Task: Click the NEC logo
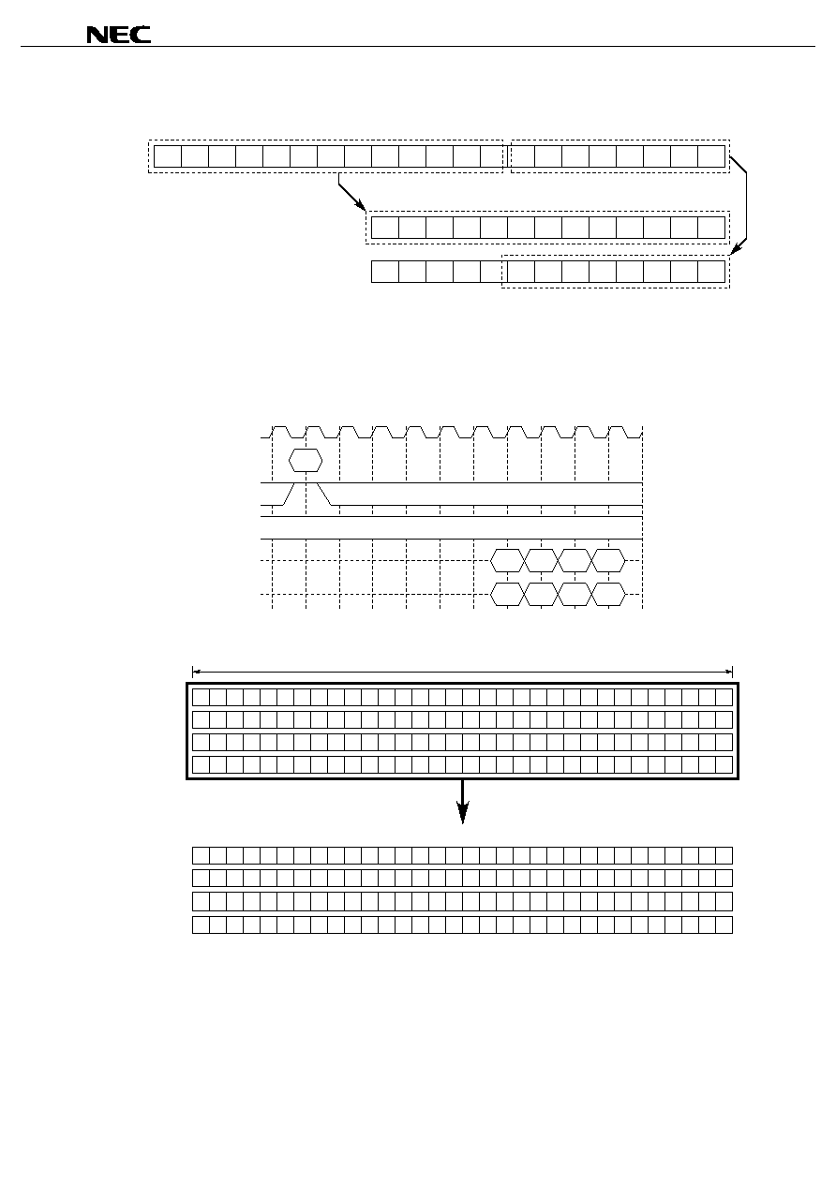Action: point(118,35)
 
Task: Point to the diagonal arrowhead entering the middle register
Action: point(360,204)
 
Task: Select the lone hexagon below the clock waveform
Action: point(306,461)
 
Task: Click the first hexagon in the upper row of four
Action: point(507,560)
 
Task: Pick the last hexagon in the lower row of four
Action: point(609,594)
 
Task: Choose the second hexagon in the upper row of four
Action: point(541,560)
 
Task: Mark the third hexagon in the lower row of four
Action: point(575,594)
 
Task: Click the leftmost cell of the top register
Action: point(168,156)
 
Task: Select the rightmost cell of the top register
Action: point(711,156)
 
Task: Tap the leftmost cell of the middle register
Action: point(384,228)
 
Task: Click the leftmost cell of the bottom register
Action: point(384,272)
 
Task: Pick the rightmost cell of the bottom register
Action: point(711,272)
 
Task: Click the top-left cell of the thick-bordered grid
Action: point(201,697)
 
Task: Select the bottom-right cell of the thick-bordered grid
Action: point(724,764)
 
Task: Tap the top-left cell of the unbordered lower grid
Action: point(201,855)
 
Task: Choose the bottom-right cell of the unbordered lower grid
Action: point(724,924)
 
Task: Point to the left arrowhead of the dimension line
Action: point(196,673)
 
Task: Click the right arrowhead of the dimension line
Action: point(729,673)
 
